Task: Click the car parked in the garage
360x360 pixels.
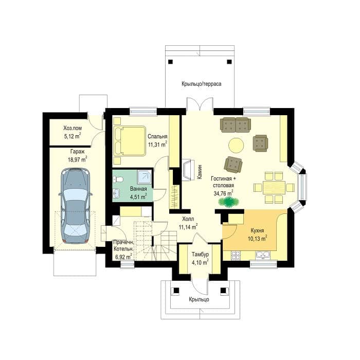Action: click(x=76, y=206)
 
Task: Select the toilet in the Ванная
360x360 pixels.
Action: click(x=118, y=179)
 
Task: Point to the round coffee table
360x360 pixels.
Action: click(x=236, y=145)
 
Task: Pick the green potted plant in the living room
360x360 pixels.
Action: click(x=228, y=202)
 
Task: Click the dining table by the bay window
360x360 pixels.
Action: click(x=274, y=188)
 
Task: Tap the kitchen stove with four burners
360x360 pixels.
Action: click(x=236, y=255)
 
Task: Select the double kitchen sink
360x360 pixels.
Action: click(x=263, y=255)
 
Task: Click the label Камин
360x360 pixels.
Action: click(x=200, y=172)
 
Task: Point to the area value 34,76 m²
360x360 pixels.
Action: click(x=223, y=193)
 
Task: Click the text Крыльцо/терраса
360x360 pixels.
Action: click(x=202, y=84)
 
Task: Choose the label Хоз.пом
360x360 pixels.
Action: click(x=73, y=128)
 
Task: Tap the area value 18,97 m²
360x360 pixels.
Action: click(x=77, y=159)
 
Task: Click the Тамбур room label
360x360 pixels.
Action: click(x=200, y=255)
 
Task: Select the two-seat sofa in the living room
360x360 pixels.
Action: click(x=236, y=125)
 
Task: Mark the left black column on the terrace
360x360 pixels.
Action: click(x=170, y=62)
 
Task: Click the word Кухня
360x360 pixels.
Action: click(x=257, y=230)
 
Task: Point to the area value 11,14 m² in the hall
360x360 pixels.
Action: click(x=188, y=227)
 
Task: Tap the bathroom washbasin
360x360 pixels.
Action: click(x=117, y=193)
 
